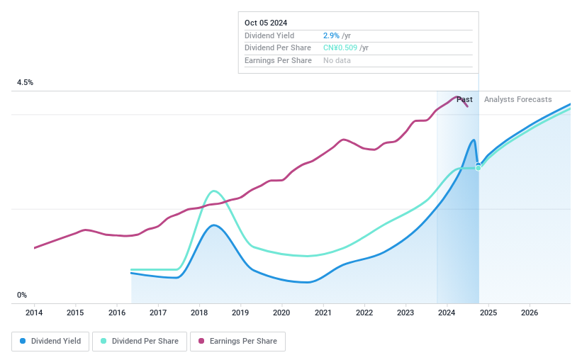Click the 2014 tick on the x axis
pyautogui.click(x=34, y=313)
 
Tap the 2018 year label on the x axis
pyautogui.click(x=199, y=313)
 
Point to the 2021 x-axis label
pyautogui.click(x=323, y=313)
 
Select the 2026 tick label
pyautogui.click(x=530, y=313)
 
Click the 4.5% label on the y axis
pyautogui.click(x=26, y=83)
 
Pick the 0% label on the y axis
pyautogui.click(x=22, y=296)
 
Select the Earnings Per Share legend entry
pyautogui.click(x=237, y=341)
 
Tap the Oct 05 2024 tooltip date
pyautogui.click(x=265, y=23)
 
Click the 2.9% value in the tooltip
pyautogui.click(x=331, y=35)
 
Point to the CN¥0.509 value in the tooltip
pyautogui.click(x=341, y=48)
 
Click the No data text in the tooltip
pyautogui.click(x=337, y=61)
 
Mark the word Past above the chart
pyautogui.click(x=464, y=100)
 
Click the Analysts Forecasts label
pyautogui.click(x=517, y=100)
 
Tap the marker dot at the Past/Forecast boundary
pyautogui.click(x=479, y=167)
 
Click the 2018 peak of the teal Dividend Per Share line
pyautogui.click(x=214, y=191)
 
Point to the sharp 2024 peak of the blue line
pyautogui.click(x=474, y=140)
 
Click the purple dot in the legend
pyautogui.click(x=201, y=341)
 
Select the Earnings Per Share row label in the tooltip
pyautogui.click(x=278, y=61)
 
